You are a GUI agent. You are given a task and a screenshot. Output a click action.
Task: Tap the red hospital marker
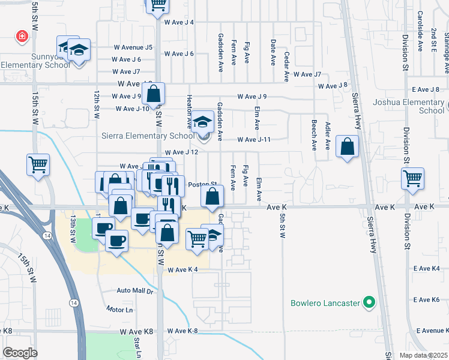[22, 37]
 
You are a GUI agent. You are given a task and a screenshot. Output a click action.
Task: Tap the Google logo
[20, 353]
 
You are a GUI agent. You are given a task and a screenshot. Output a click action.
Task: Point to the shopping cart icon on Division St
[413, 178]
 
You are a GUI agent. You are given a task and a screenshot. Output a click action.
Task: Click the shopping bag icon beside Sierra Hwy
[348, 145]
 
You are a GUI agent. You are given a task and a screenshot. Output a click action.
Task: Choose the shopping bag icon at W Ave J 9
[154, 93]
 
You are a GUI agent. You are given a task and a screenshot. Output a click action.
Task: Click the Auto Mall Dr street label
[136, 290]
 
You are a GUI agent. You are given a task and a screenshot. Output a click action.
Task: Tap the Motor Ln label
[119, 310]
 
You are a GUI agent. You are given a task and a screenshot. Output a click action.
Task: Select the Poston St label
[203, 184]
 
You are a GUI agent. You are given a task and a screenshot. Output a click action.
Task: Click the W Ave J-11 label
[254, 140]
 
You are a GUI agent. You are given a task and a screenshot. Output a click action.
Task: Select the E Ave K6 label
[427, 299]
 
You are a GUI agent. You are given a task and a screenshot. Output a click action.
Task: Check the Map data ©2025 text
[424, 355]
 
